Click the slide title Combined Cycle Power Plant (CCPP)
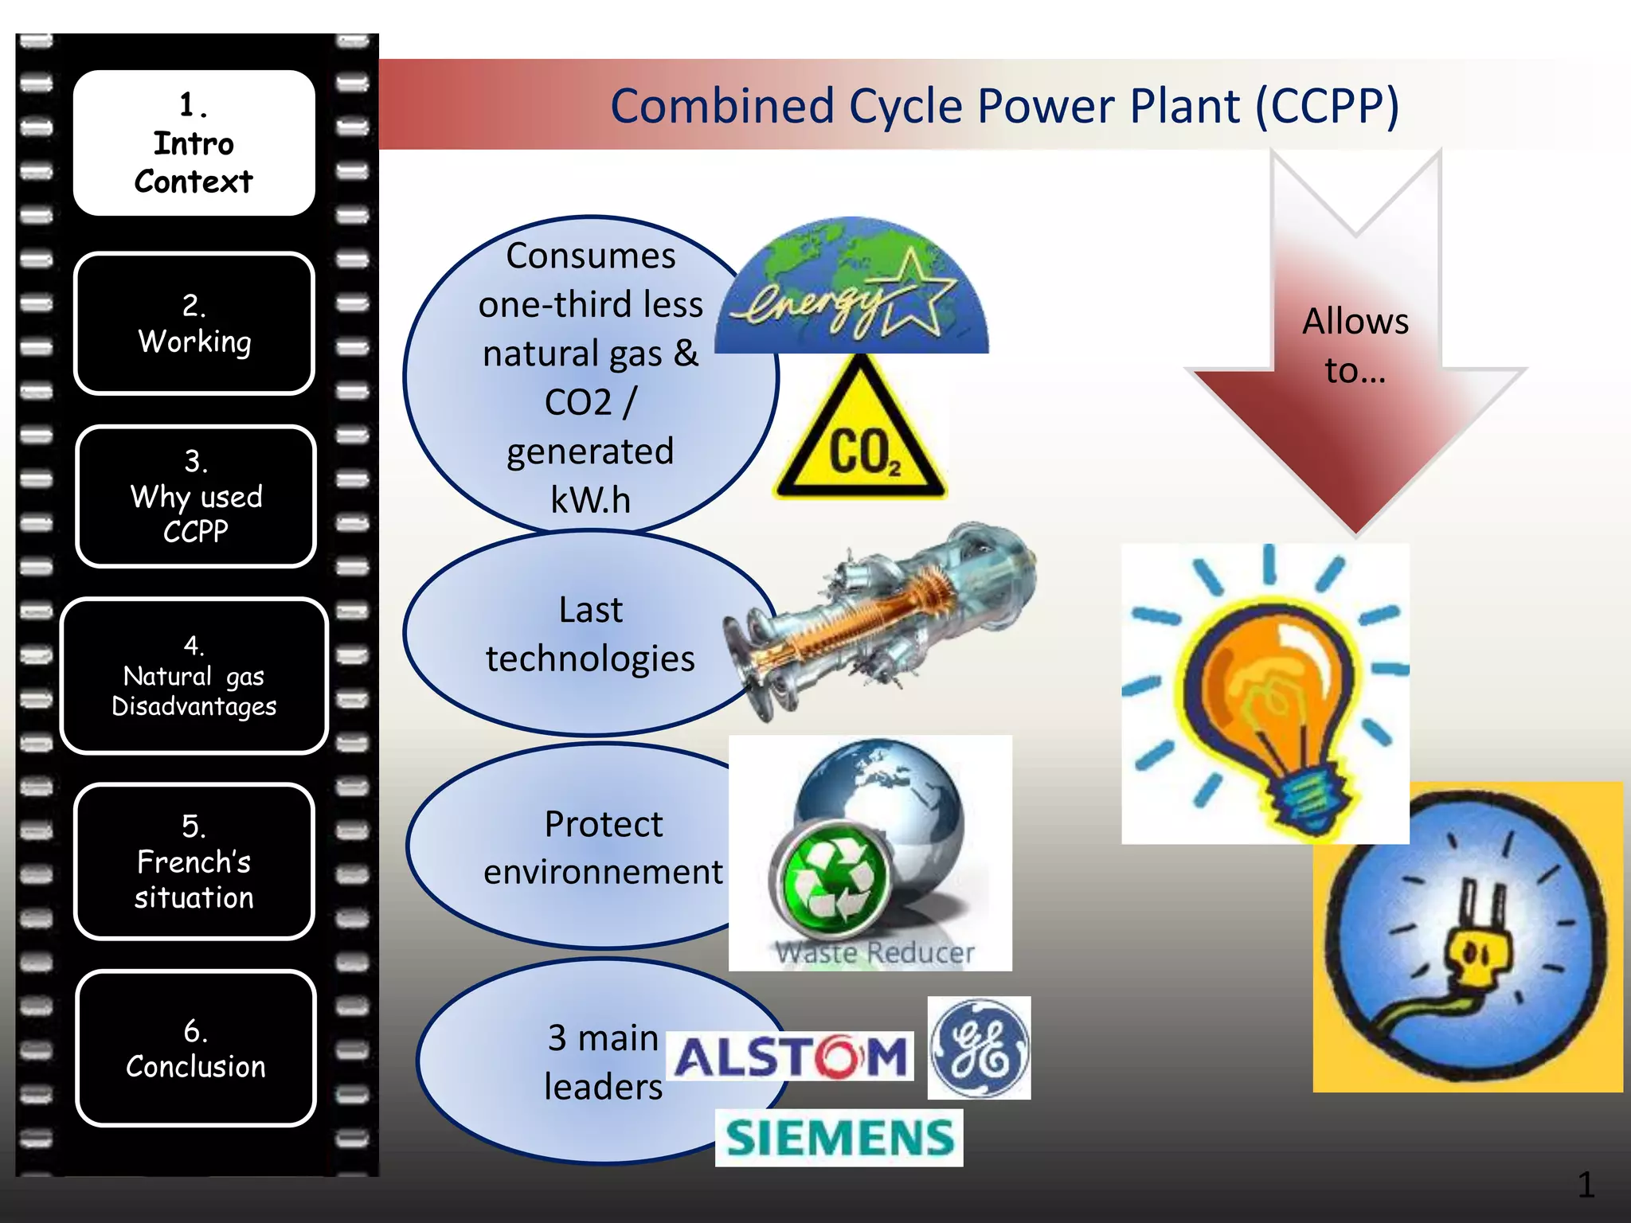pyautogui.click(x=1004, y=106)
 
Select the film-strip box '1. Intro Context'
pyautogui.click(x=194, y=143)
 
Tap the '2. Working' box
pyautogui.click(x=194, y=323)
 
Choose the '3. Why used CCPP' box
pyautogui.click(x=196, y=496)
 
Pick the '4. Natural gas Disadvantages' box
pyautogui.click(x=194, y=676)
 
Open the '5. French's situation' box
pyautogui.click(x=194, y=862)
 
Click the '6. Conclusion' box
pyautogui.click(x=196, y=1048)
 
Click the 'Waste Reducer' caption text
pyautogui.click(x=874, y=952)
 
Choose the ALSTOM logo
pyautogui.click(x=791, y=1057)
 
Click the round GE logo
pyautogui.click(x=979, y=1048)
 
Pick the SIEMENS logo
pyautogui.click(x=839, y=1137)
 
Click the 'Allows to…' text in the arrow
pyautogui.click(x=1355, y=346)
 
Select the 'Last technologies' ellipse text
pyautogui.click(x=590, y=634)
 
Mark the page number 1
pyautogui.click(x=1585, y=1185)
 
